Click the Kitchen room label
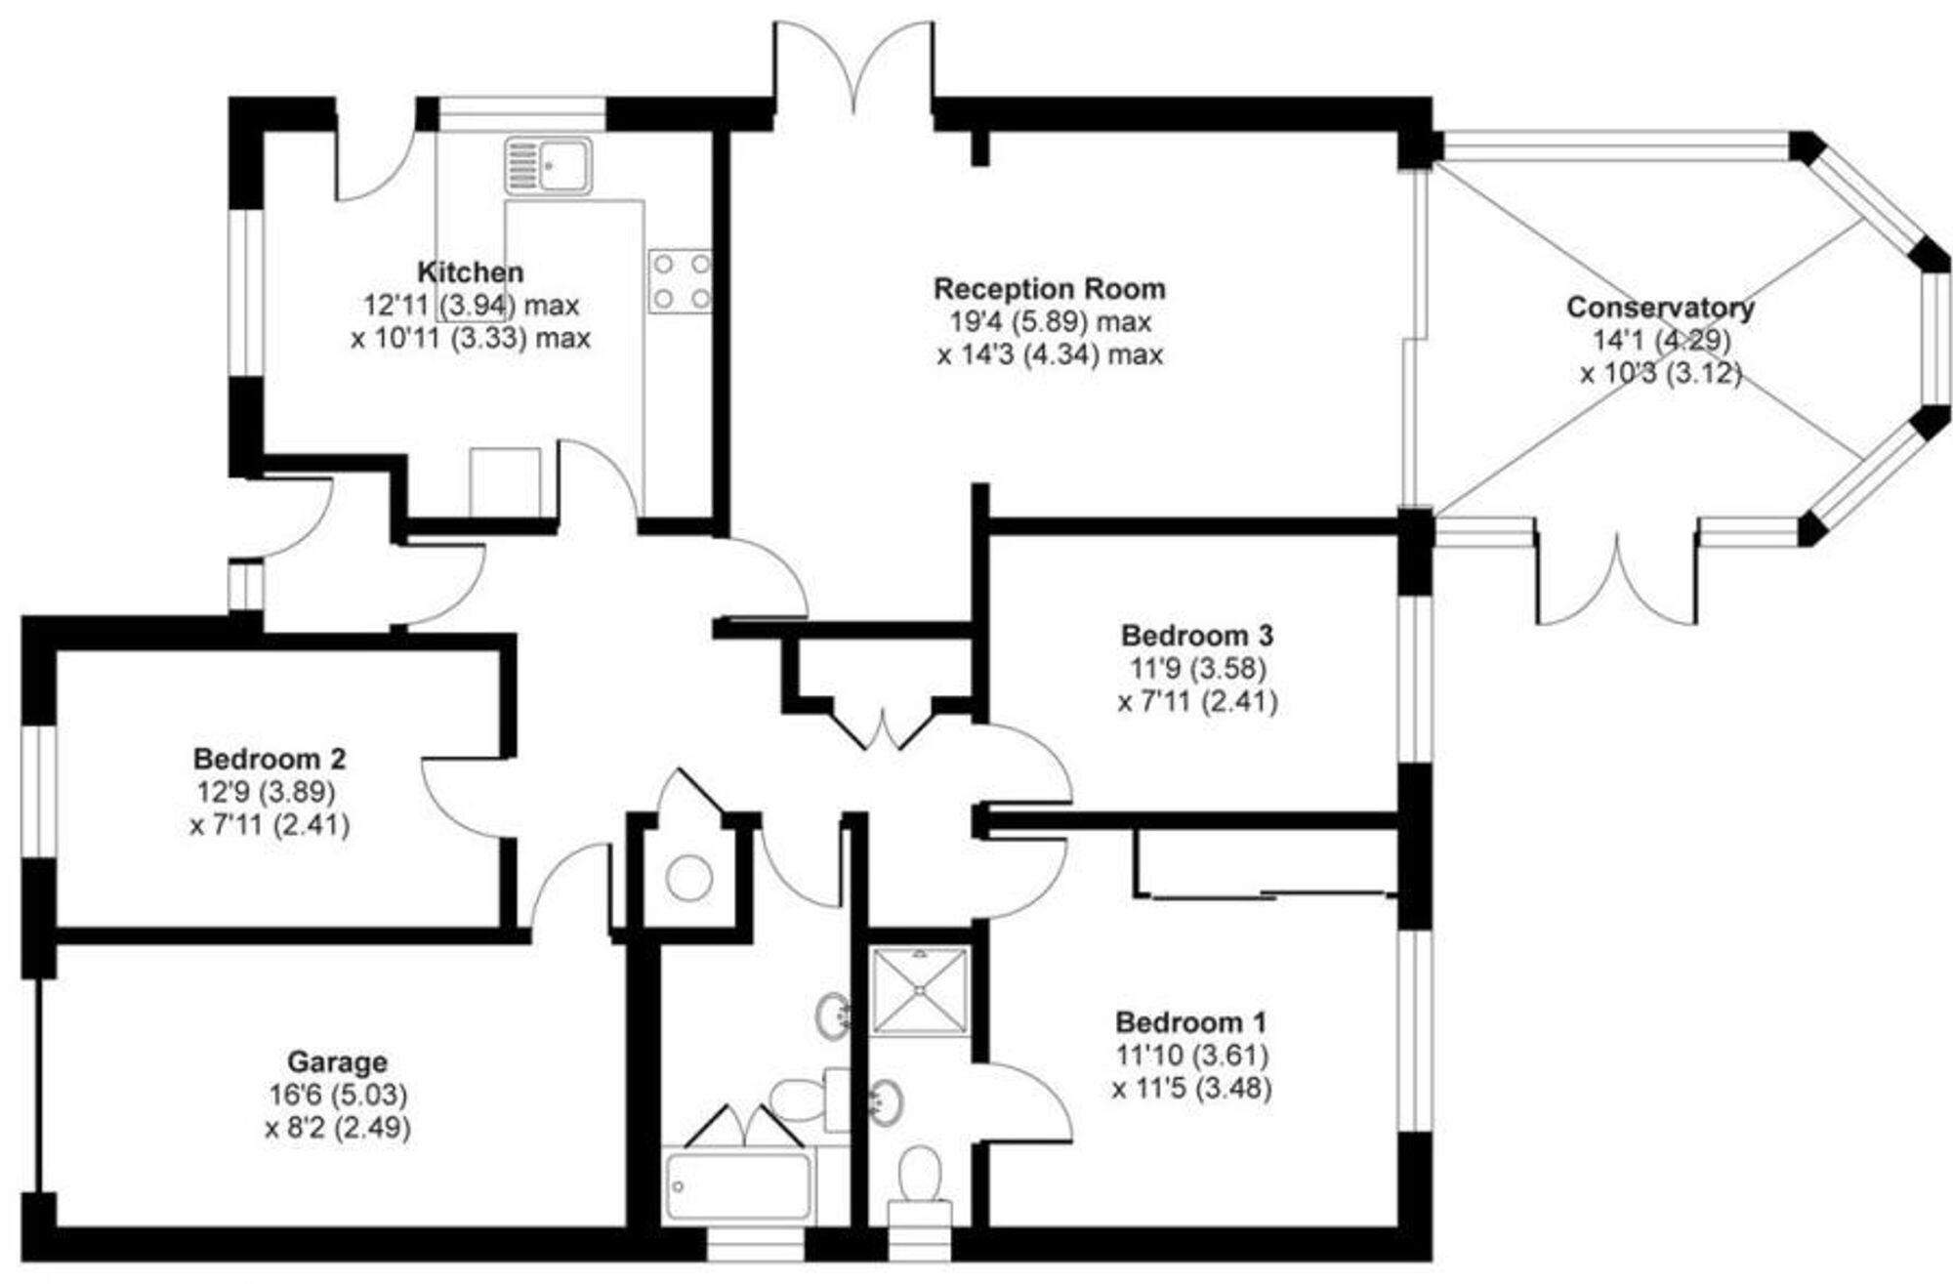[x=470, y=271]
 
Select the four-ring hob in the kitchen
[x=680, y=281]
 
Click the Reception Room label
[x=1050, y=289]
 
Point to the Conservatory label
[x=1660, y=308]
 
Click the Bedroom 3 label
[x=1197, y=636]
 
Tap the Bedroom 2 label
[x=270, y=759]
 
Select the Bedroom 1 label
[x=1191, y=1023]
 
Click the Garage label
[x=337, y=1061]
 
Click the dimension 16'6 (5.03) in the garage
[x=337, y=1095]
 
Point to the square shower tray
[x=920, y=990]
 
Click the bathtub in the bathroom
[x=737, y=1185]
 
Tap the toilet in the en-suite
[x=919, y=1177]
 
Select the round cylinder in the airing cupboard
[x=689, y=878]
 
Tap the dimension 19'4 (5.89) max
[x=1050, y=321]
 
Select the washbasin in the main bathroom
[x=832, y=1015]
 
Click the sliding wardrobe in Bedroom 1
[x=1265, y=863]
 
